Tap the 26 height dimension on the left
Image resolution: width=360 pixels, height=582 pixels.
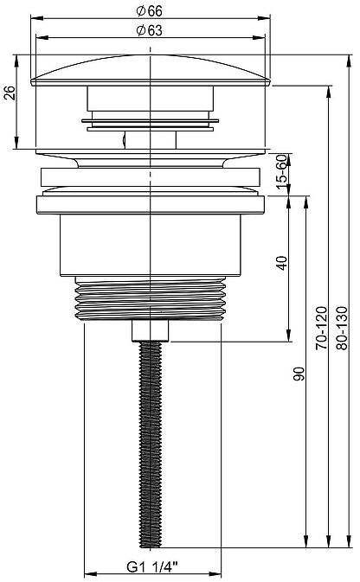pyautogui.click(x=9, y=93)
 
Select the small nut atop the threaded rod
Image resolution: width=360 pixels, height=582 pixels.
pyautogui.click(x=151, y=330)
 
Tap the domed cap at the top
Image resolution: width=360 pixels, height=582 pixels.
pyautogui.click(x=151, y=69)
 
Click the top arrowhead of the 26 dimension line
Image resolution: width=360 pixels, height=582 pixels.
pyautogui.click(x=18, y=60)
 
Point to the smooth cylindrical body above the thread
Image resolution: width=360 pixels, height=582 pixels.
pyautogui.click(x=151, y=246)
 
